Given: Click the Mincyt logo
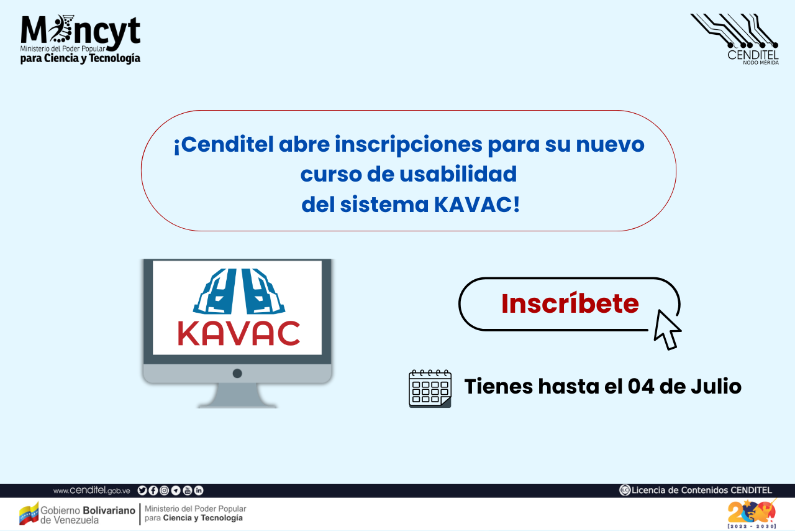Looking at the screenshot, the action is click(80, 39).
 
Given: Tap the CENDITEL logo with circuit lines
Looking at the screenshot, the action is click(735, 39).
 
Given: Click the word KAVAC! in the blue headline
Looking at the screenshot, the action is click(476, 205).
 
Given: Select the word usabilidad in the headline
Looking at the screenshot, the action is click(458, 174).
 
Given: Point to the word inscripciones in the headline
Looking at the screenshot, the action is click(409, 145).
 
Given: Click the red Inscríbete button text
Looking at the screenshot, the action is click(570, 304).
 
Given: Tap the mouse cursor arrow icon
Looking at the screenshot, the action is click(666, 330).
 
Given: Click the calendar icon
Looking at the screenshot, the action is click(430, 389).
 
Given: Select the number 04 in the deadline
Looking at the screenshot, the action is click(641, 386).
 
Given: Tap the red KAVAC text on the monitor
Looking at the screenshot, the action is click(239, 333).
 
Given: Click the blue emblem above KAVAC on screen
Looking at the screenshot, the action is click(239, 292).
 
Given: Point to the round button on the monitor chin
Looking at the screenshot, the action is click(237, 374).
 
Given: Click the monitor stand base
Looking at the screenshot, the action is click(237, 397).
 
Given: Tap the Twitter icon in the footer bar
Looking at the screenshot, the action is click(142, 491).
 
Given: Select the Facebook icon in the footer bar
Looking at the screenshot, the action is click(153, 491).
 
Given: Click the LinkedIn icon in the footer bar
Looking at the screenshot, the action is click(199, 491).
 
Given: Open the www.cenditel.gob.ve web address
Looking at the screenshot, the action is click(91, 491).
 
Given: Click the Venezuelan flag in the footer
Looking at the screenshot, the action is click(29, 513).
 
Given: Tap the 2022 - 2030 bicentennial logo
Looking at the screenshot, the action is click(752, 514).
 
